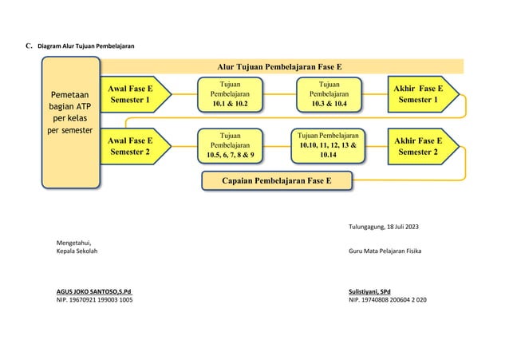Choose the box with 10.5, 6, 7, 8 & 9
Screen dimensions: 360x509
click(229, 145)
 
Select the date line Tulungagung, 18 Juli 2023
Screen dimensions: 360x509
click(383, 227)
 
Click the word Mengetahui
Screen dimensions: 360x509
click(73, 243)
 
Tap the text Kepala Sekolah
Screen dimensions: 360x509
click(78, 251)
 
